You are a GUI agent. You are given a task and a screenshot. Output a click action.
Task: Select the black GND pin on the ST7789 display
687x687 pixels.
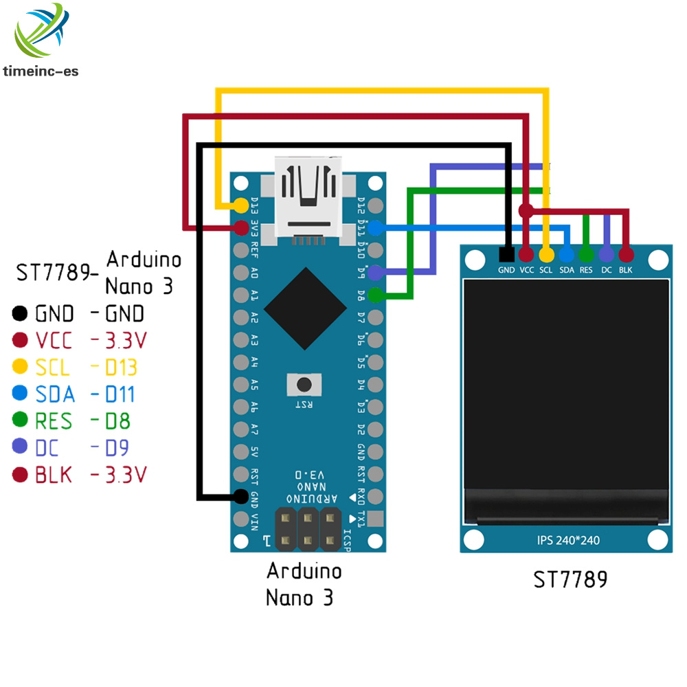[507, 254]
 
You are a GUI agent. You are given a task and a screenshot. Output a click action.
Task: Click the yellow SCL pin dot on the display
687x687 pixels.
[546, 254]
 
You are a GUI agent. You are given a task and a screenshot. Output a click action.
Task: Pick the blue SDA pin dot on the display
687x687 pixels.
[566, 254]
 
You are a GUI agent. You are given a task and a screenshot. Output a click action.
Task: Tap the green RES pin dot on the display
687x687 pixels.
[586, 254]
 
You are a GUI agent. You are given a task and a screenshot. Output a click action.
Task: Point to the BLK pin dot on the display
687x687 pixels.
[626, 254]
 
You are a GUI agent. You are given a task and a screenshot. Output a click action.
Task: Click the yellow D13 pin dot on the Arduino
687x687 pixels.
[240, 205]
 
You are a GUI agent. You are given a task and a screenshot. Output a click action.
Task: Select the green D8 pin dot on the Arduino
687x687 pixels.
[375, 295]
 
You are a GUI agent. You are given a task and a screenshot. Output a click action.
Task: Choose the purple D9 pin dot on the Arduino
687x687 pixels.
[375, 273]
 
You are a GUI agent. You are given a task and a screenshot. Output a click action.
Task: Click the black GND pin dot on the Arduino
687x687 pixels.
[240, 495]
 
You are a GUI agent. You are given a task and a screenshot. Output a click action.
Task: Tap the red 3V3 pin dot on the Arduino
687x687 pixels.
[240, 227]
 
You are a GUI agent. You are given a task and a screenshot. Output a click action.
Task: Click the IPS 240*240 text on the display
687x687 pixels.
[567, 540]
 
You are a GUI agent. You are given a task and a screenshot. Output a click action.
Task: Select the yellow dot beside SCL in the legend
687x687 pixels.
[20, 368]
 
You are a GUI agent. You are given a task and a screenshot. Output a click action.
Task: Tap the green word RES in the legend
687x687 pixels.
[53, 420]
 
